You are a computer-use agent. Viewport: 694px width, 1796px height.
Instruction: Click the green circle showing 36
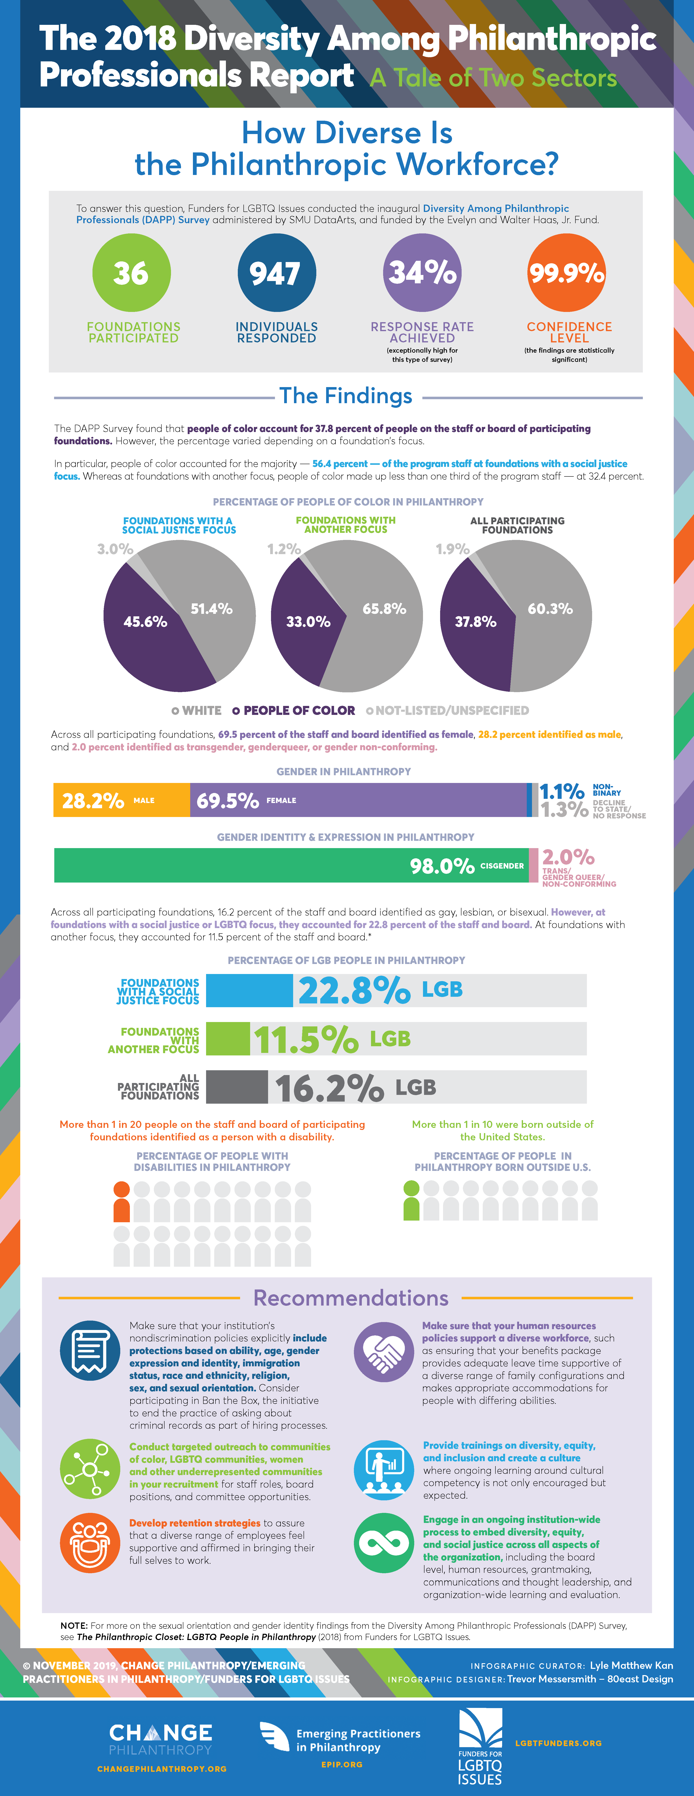131,273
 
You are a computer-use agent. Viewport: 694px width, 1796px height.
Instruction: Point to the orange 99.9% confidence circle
566,273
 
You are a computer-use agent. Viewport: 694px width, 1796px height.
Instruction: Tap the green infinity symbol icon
384,1543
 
